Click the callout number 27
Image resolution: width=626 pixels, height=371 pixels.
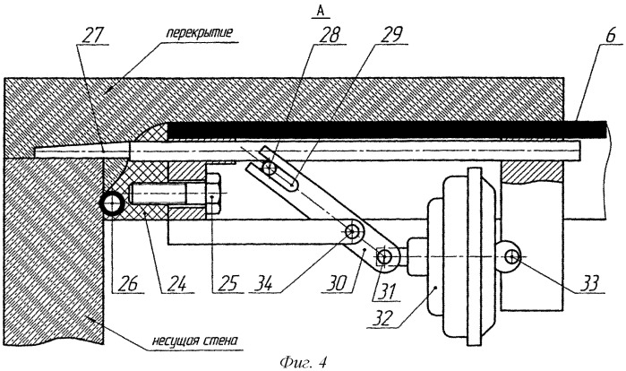(92, 35)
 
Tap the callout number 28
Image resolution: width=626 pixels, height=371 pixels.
(328, 35)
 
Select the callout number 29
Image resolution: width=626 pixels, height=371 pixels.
(391, 35)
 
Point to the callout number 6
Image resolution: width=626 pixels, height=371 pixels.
(611, 35)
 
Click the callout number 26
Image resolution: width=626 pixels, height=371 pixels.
(128, 283)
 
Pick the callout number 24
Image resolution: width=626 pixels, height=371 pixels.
(176, 283)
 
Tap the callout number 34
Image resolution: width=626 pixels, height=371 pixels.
(262, 283)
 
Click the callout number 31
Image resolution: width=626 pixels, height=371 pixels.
(386, 291)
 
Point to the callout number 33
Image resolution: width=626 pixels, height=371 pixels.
(589, 283)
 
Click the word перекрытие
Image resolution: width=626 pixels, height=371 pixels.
(199, 32)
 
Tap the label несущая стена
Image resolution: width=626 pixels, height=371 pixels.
(195, 341)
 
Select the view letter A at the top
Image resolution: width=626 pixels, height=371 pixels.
(321, 12)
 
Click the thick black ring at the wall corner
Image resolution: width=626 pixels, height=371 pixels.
(112, 203)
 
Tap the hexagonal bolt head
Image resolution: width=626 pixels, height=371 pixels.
(214, 194)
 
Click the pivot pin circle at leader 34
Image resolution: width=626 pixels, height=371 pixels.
(352, 230)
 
